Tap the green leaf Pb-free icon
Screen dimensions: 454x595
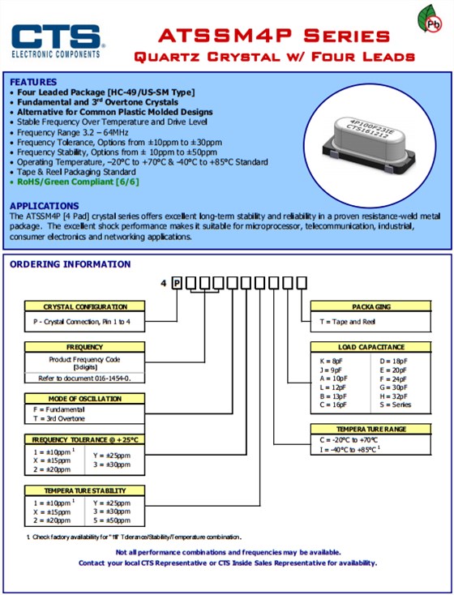point(430,19)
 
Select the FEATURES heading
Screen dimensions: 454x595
point(33,82)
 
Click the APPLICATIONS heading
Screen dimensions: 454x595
point(45,206)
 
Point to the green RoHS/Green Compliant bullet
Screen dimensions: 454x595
point(78,182)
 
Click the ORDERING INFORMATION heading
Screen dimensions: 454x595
point(71,264)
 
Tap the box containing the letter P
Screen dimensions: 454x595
point(177,283)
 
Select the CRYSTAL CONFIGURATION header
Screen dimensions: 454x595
point(84,306)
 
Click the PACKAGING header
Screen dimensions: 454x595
point(370,306)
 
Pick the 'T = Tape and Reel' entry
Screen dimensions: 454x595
point(347,322)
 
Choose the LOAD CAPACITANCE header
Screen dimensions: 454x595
point(370,347)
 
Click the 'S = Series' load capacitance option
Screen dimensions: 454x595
point(395,405)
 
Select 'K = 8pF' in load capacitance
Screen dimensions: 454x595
point(331,362)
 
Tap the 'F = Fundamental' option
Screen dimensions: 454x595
point(59,410)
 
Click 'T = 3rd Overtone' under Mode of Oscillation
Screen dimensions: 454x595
point(59,419)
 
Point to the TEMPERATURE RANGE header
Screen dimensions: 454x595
point(370,429)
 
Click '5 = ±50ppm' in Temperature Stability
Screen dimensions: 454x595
point(112,520)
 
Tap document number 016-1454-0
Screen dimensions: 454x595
point(112,379)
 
